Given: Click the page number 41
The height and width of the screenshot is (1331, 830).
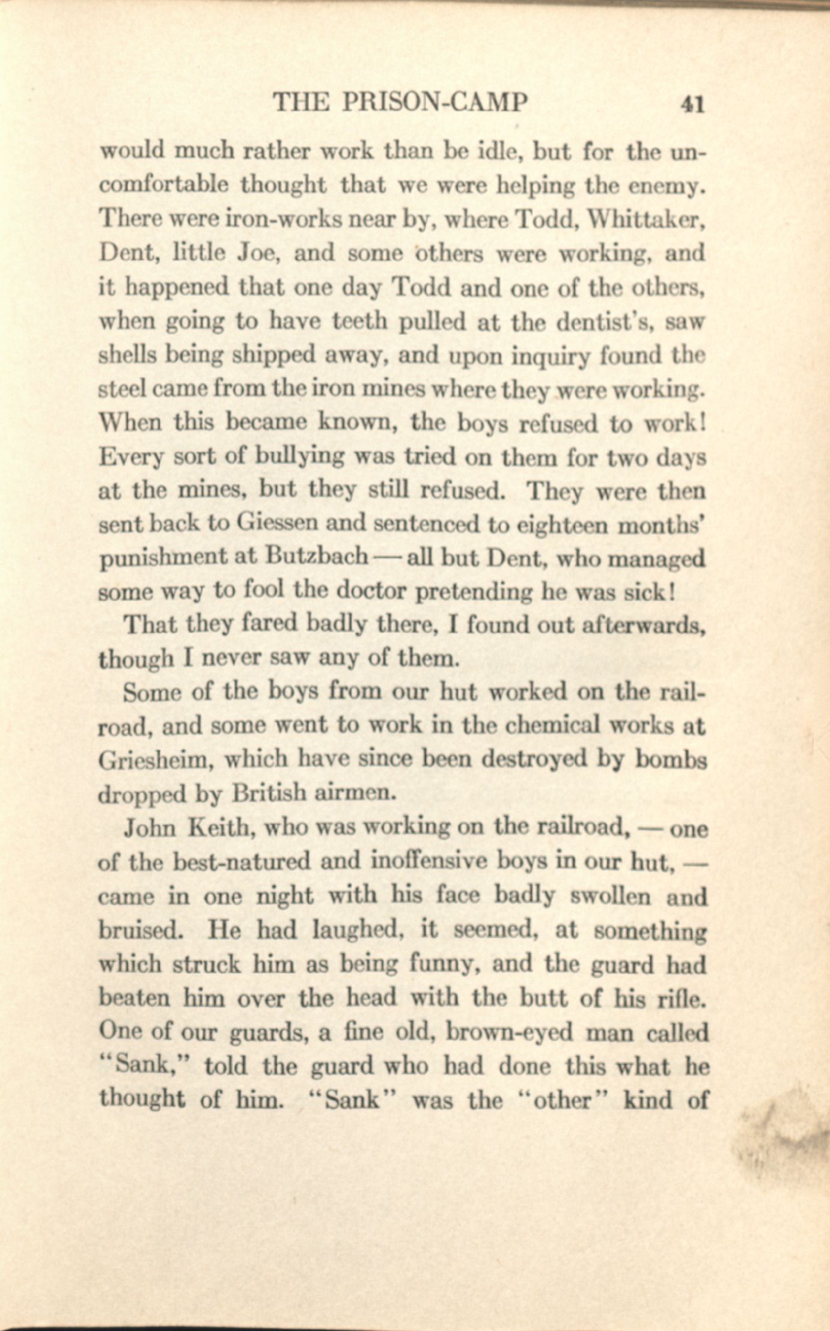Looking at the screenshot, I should (x=691, y=105).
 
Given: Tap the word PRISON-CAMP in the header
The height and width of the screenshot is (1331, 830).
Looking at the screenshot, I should (x=435, y=103).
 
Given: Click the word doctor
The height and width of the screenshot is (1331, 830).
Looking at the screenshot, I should (x=373, y=591).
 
